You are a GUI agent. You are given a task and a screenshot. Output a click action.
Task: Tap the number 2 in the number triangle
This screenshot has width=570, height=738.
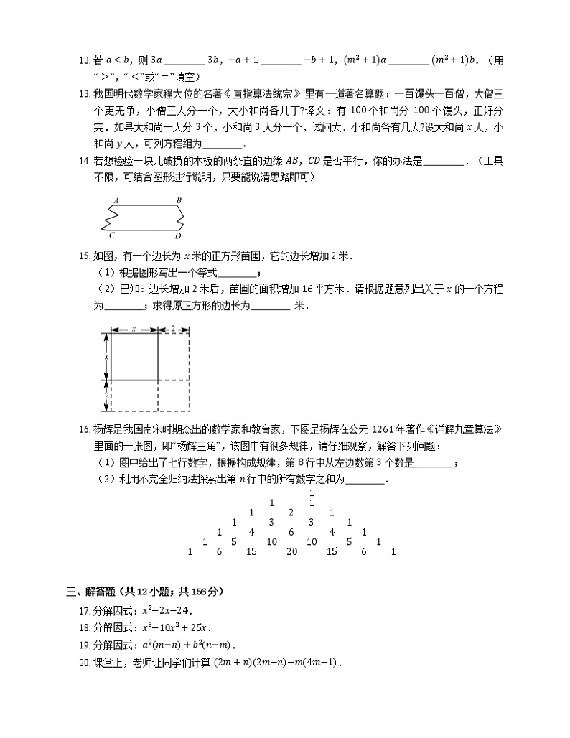291,513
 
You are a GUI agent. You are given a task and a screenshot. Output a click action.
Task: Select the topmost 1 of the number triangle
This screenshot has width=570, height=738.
312,493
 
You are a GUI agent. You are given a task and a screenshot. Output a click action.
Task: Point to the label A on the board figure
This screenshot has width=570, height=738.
116,200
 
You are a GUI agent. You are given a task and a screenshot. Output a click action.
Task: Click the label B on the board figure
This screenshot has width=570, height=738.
179,200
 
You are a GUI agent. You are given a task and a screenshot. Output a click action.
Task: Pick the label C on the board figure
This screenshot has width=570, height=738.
113,235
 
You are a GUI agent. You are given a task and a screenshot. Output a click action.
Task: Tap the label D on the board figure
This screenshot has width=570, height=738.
178,235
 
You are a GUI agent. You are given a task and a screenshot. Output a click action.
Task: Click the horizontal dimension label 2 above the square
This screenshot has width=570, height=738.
173,329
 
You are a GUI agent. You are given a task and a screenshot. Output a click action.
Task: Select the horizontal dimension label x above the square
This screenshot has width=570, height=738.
134,329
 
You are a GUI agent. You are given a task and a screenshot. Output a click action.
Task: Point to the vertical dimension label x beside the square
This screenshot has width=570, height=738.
107,356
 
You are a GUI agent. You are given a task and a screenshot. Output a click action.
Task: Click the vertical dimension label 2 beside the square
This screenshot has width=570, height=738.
107,396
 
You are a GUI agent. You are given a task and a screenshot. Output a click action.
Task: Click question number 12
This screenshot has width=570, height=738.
85,60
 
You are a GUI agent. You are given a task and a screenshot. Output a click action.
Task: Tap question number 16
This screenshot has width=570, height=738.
85,429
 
